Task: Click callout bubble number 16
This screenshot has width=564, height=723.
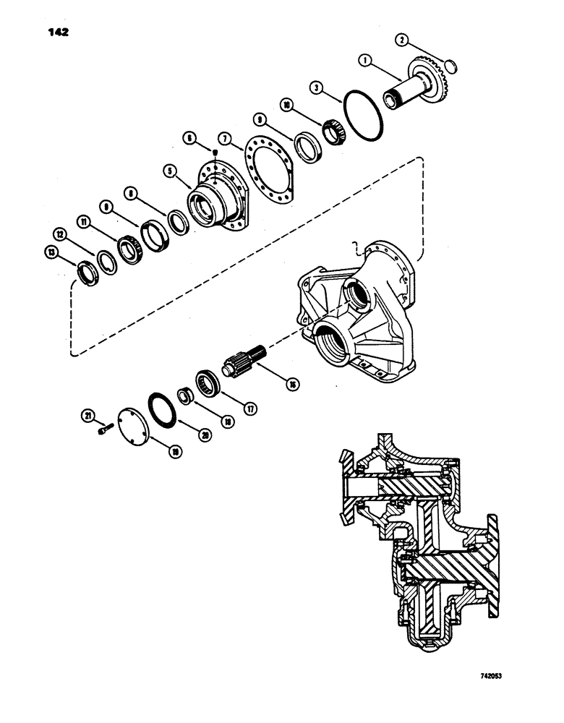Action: tap(293, 385)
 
